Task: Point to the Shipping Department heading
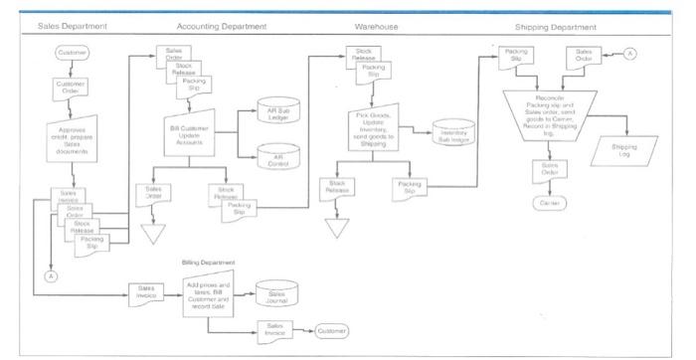557,26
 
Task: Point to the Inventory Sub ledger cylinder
453,135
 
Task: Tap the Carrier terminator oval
550,202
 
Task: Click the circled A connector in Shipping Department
629,54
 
